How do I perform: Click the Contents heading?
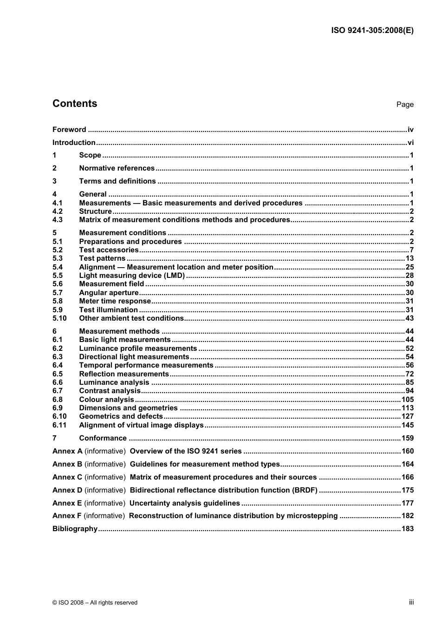pyautogui.click(x=75, y=104)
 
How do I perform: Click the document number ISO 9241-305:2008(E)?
pyautogui.click(x=372, y=31)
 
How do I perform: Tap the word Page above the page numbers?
pyautogui.click(x=405, y=105)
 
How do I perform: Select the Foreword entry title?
pyautogui.click(x=69, y=130)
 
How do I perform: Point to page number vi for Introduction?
pyautogui.click(x=410, y=143)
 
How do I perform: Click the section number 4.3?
pyautogui.click(x=58, y=220)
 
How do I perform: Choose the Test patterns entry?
pyautogui.click(x=102, y=258)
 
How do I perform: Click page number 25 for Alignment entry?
pyautogui.click(x=409, y=267)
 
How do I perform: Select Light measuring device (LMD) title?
pyautogui.click(x=132, y=276)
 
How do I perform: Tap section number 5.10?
pyautogui.click(x=59, y=318)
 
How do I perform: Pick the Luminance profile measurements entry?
pyautogui.click(x=138, y=349)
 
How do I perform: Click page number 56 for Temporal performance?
pyautogui.click(x=409, y=365)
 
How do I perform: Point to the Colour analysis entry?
pyautogui.click(x=106, y=400)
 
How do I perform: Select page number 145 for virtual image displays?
pyautogui.click(x=408, y=425)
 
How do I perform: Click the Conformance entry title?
pyautogui.click(x=103, y=438)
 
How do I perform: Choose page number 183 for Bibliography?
pyautogui.click(x=408, y=529)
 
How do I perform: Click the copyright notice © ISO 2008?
pyautogui.click(x=95, y=603)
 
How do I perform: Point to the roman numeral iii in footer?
pyautogui.click(x=411, y=602)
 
